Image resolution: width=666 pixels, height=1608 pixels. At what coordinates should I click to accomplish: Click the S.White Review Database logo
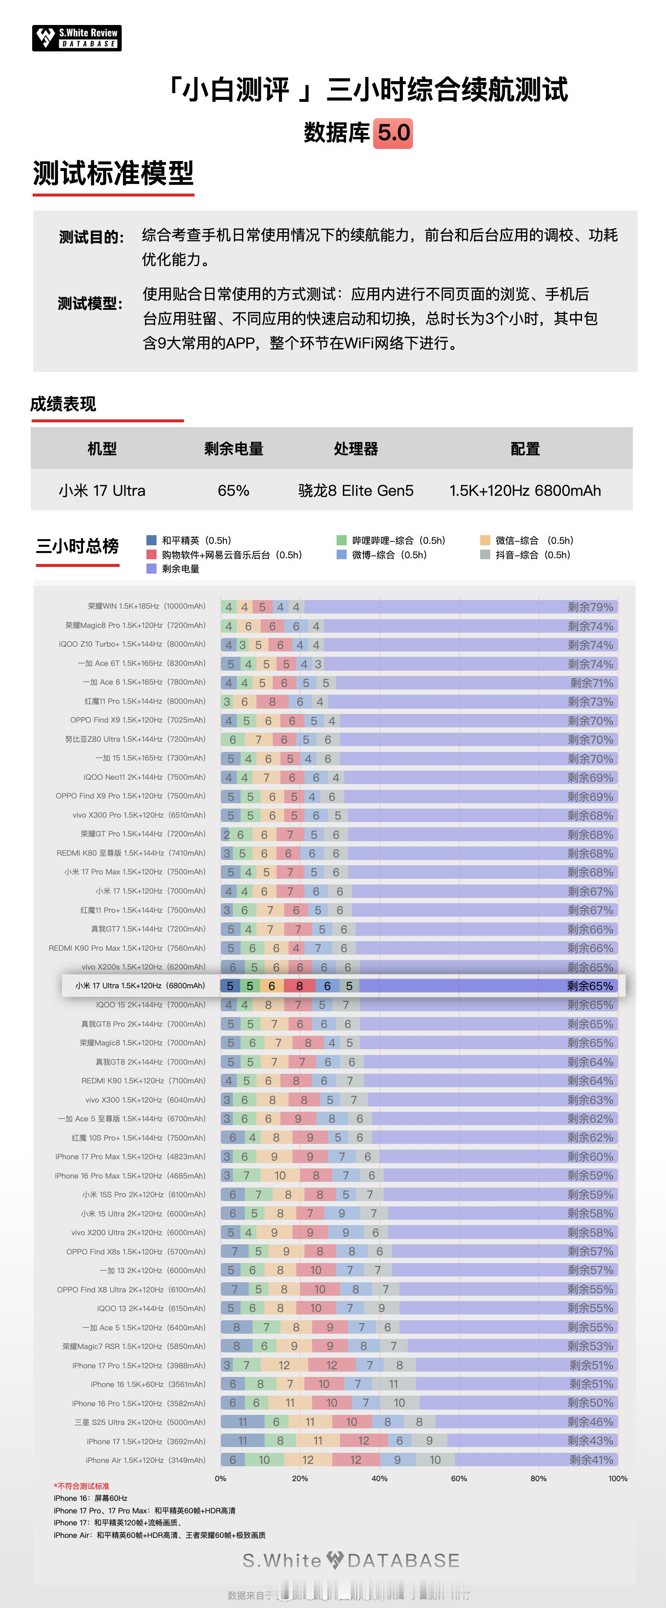point(77,38)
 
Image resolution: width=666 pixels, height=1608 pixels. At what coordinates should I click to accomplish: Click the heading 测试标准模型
point(113,173)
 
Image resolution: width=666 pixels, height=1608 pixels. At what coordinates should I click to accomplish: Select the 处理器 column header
point(356,449)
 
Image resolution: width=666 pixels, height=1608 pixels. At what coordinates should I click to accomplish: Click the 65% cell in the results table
point(233,491)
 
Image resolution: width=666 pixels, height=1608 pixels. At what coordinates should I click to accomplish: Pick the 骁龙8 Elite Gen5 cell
point(356,491)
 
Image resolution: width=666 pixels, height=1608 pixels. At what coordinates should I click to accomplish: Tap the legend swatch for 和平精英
point(151,540)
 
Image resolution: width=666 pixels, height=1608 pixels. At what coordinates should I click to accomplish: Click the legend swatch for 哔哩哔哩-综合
point(341,540)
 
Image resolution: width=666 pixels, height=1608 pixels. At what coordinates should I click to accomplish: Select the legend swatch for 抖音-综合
point(485,554)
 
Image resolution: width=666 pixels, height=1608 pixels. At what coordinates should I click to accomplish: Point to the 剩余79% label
point(590,607)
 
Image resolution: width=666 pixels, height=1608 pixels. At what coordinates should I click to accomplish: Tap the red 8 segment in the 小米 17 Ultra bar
point(299,986)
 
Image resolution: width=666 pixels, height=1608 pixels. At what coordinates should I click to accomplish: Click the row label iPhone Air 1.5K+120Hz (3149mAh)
point(145,1460)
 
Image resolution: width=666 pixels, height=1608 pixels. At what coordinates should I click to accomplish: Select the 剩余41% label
point(591,1460)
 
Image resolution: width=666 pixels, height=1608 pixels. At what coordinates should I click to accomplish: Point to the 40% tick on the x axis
point(379,1478)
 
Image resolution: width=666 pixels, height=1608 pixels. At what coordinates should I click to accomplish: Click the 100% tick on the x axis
point(618,1478)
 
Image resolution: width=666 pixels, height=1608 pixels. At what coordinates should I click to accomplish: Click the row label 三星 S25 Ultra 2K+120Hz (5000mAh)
point(140,1422)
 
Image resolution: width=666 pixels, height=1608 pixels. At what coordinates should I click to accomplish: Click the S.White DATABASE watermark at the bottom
point(351,1560)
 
